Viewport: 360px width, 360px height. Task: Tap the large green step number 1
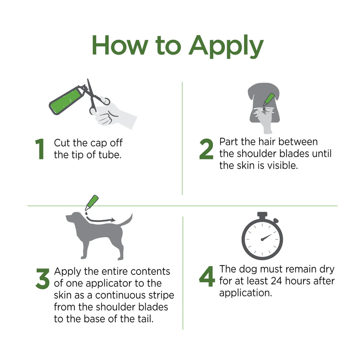40,149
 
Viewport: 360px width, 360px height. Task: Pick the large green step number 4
206,277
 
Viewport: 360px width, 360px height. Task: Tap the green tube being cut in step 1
65,100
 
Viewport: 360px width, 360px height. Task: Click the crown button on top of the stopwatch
262,214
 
